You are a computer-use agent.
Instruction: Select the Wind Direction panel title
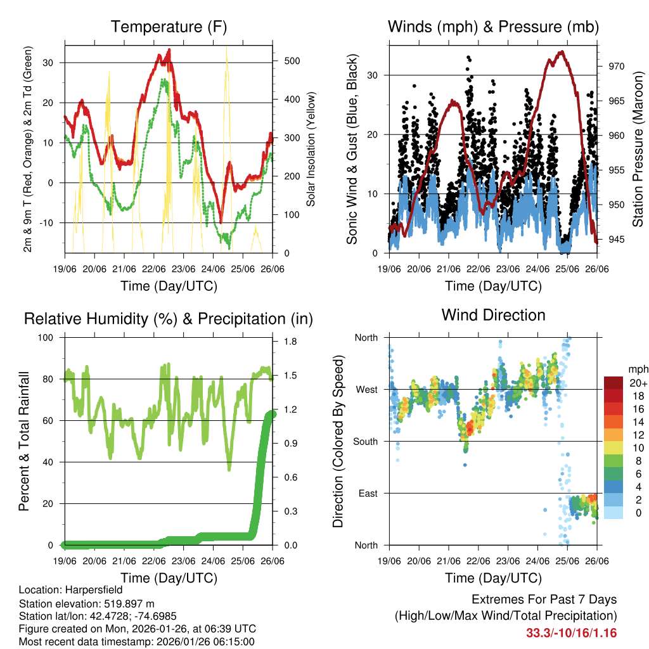coord(493,314)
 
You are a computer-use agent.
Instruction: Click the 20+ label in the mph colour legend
coord(638,383)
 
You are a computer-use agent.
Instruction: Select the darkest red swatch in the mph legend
coord(614,383)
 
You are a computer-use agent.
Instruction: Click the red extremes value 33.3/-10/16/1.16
coord(571,633)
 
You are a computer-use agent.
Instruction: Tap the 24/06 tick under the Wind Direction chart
coord(537,560)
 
